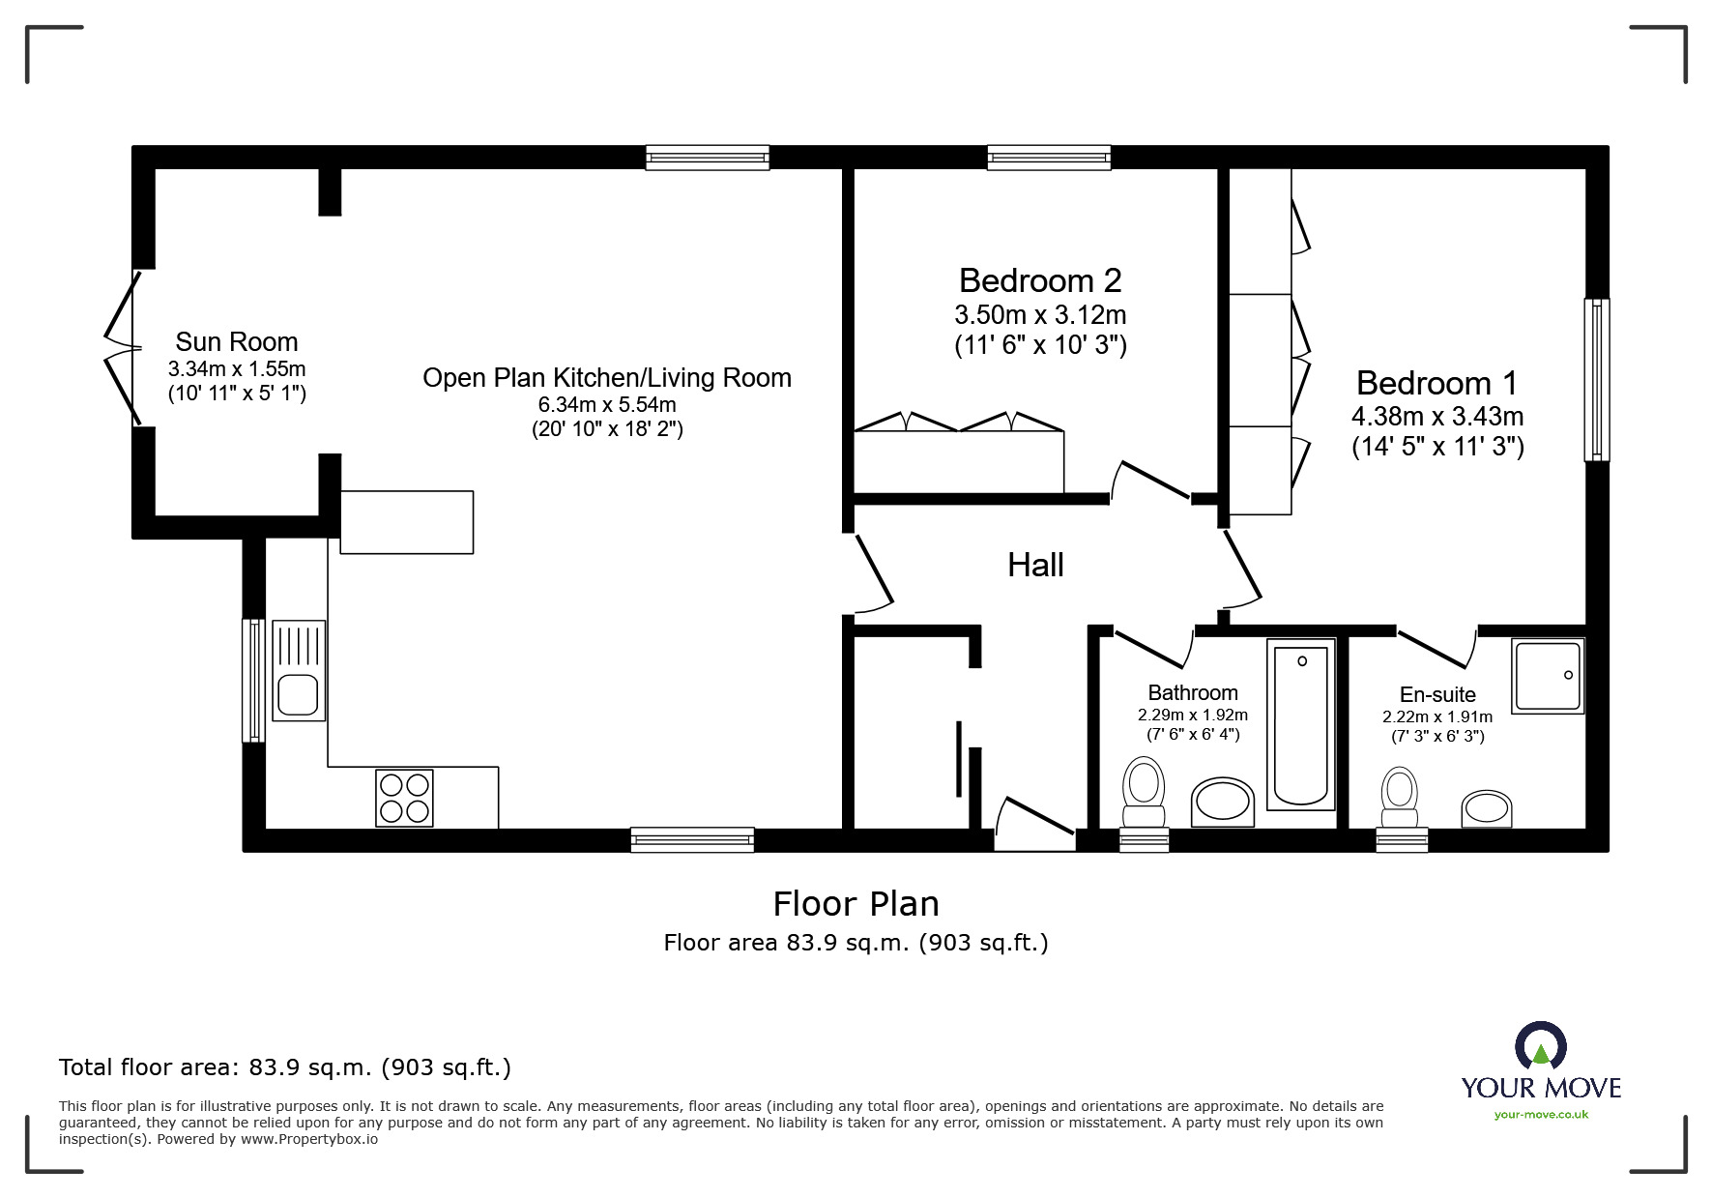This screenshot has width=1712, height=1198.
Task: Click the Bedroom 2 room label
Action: click(1040, 280)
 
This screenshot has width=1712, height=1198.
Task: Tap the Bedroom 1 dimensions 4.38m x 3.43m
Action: click(1437, 417)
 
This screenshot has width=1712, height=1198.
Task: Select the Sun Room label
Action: click(237, 342)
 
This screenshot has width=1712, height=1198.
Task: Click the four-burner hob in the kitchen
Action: click(404, 798)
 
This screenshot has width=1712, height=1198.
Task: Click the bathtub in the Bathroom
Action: click(1301, 724)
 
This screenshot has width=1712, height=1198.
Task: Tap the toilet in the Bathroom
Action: click(1144, 787)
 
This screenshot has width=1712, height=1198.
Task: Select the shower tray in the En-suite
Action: click(1548, 677)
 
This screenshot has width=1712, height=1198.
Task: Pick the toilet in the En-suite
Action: click(1399, 794)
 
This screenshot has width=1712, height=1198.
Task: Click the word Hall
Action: click(1035, 566)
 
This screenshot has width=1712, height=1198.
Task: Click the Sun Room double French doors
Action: click(124, 348)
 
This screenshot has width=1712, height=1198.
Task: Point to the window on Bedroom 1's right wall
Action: click(1597, 379)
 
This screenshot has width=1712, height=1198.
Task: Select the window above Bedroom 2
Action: click(1048, 158)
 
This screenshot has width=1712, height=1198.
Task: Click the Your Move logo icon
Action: click(1540, 1046)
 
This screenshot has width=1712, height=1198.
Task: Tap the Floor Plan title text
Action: click(856, 904)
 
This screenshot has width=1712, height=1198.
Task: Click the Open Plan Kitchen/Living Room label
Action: click(607, 378)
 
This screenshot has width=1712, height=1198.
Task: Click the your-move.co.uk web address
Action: click(1541, 1115)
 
